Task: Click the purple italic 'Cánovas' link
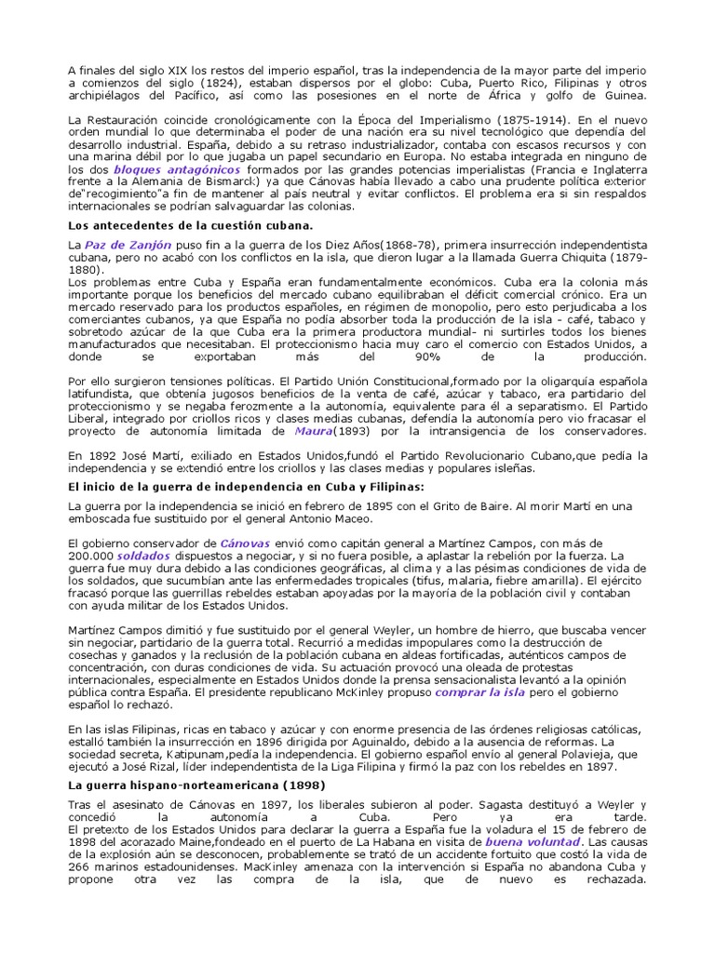point(246,543)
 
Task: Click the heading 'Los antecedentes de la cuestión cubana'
point(191,225)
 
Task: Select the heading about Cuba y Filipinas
point(247,487)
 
